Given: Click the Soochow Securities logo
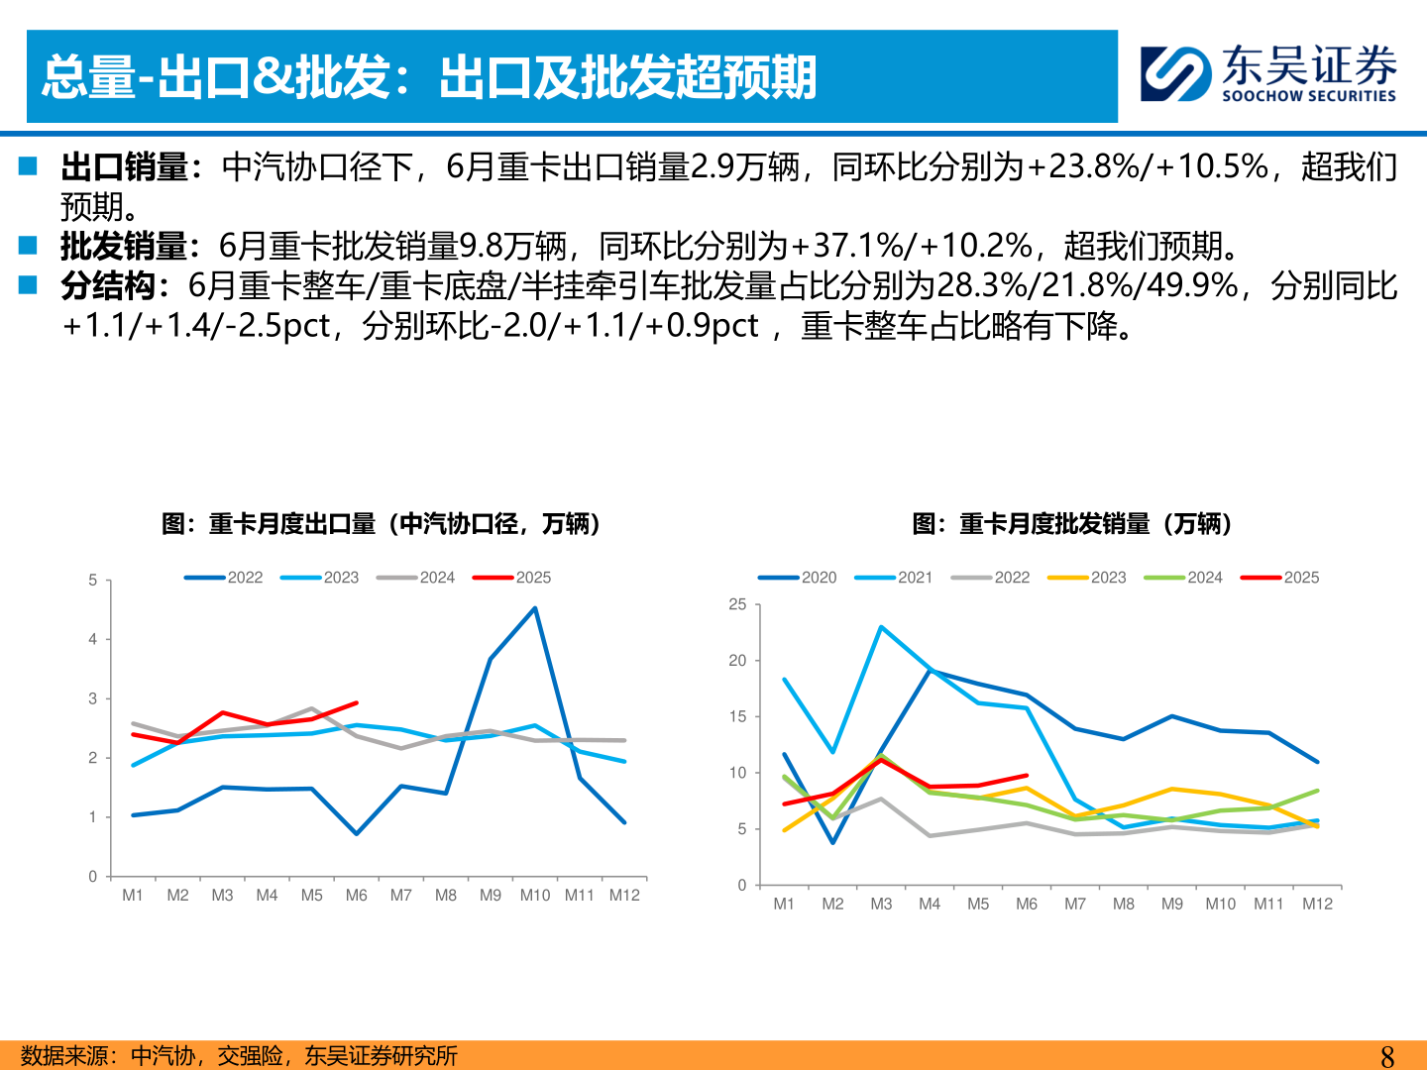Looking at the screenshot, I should coord(1267,73).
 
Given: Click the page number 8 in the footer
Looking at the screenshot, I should coord(1386,1056).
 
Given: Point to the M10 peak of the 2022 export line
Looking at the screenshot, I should coord(535,608).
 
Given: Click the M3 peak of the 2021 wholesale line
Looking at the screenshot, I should coord(881,627).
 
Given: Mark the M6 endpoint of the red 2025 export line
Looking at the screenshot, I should coord(356,703).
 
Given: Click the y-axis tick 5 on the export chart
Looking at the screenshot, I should coord(93,581).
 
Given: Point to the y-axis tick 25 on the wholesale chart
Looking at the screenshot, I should coord(737,604).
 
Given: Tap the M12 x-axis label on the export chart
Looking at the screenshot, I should coord(624,896).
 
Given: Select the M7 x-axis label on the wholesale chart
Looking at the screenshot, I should coord(1075,905).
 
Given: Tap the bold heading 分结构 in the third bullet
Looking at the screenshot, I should coord(108,286).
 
